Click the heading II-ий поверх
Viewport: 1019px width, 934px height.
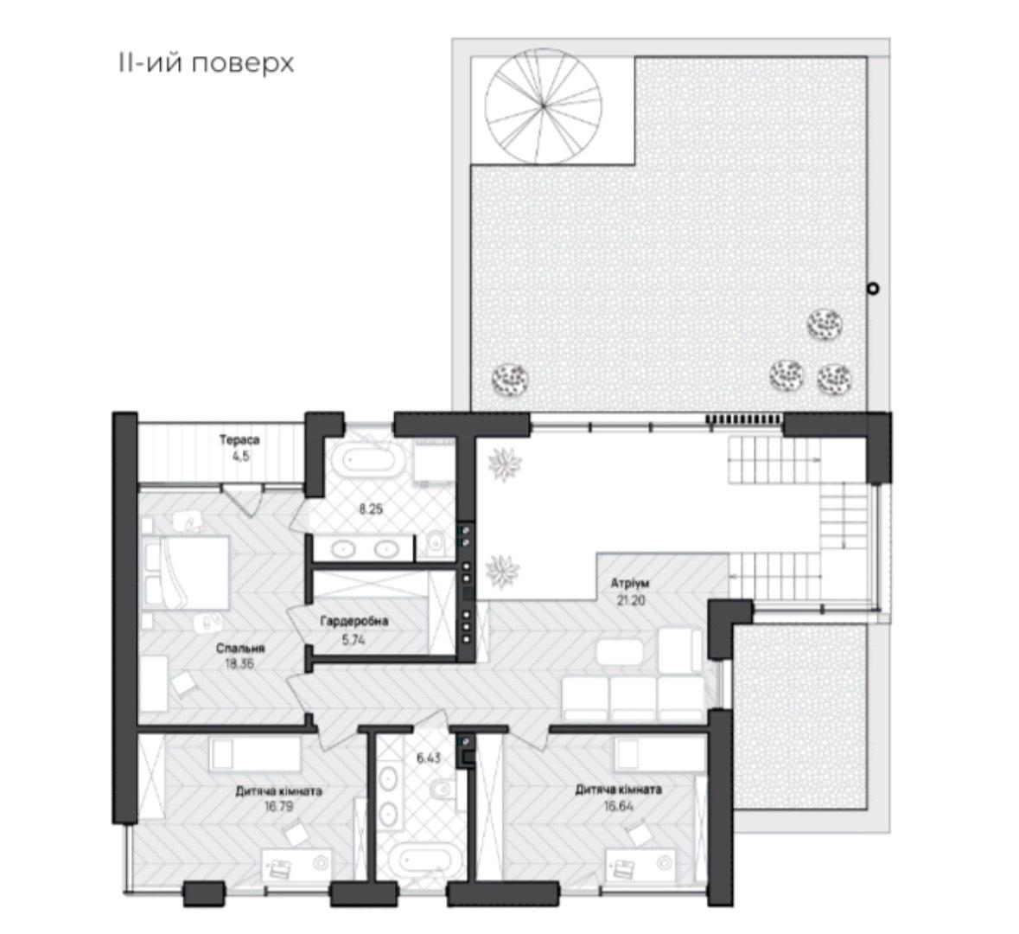pos(206,63)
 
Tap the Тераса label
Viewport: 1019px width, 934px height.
pos(239,440)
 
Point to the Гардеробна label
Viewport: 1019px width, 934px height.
pos(353,621)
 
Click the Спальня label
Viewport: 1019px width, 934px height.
pos(241,648)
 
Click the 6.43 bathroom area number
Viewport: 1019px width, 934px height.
pos(428,758)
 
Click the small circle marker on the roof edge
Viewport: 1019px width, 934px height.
pos(874,288)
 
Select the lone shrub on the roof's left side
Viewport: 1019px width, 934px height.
pos(509,378)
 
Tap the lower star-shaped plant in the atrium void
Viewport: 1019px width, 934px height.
pos(501,569)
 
